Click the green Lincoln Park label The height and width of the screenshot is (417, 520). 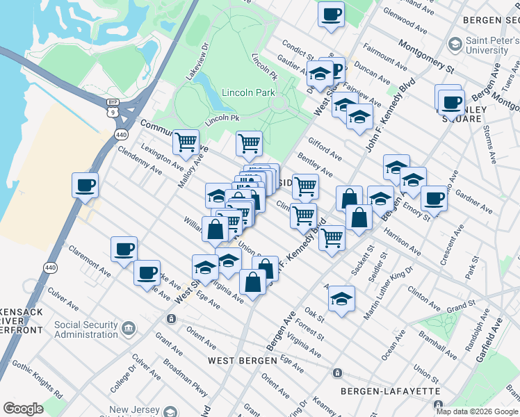click(248, 92)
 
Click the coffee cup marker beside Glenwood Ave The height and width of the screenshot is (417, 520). click(331, 14)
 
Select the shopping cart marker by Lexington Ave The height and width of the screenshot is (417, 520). click(186, 142)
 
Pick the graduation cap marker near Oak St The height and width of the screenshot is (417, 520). click(340, 298)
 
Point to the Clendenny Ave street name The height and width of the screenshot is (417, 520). click(140, 160)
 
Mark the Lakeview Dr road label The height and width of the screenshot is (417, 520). click(197, 63)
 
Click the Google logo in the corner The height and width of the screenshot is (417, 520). click(23, 409)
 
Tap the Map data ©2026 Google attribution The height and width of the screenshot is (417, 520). click(476, 411)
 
